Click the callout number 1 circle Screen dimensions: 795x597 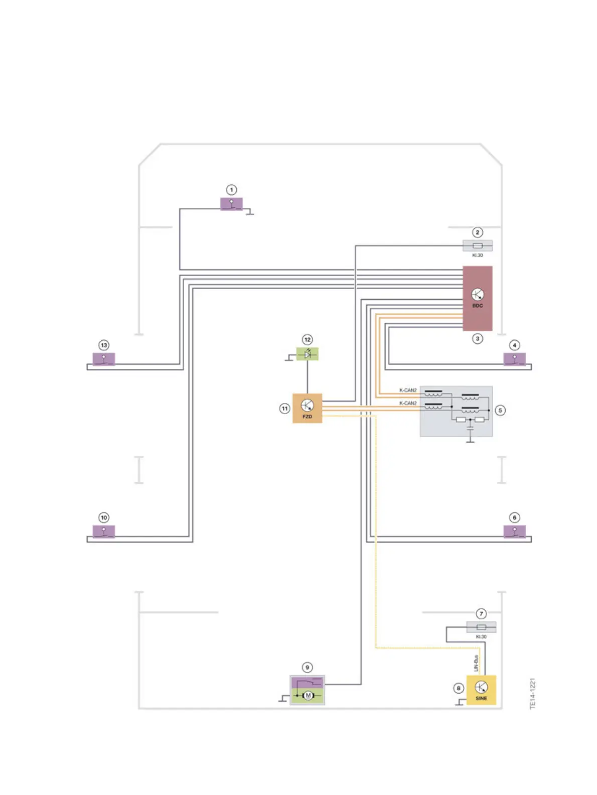[x=231, y=190]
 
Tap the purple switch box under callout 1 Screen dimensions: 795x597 [x=231, y=204]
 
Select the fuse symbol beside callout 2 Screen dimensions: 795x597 [x=478, y=245]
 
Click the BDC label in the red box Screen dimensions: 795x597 [x=478, y=306]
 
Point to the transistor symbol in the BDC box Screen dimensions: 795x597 [x=478, y=294]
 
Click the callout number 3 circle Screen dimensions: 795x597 [x=478, y=339]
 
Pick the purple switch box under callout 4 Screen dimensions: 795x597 [x=514, y=359]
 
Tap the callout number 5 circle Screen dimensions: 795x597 [x=500, y=410]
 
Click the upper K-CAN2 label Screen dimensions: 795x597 [x=408, y=390]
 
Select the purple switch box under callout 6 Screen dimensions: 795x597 [x=514, y=531]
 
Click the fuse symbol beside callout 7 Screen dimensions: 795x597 [x=481, y=627]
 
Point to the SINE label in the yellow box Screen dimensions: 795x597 [x=481, y=698]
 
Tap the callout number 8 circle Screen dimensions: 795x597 [x=459, y=688]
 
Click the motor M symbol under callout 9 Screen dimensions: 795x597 [x=308, y=696]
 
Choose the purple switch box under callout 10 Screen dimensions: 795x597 [x=104, y=531]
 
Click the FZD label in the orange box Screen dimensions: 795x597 [x=307, y=417]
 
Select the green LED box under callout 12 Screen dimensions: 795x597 [x=308, y=354]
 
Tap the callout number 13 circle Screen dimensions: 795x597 [x=104, y=345]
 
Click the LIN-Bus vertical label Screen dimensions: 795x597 [x=476, y=663]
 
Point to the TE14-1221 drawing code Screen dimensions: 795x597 [x=533, y=694]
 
